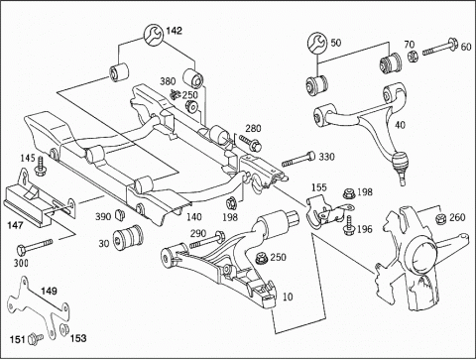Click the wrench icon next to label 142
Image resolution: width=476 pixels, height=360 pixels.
click(x=153, y=35)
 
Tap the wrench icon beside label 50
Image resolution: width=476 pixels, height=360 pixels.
click(x=317, y=43)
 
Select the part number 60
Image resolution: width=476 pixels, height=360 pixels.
click(x=466, y=47)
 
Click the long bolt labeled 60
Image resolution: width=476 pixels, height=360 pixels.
click(x=439, y=47)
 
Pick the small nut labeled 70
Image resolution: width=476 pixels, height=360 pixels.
click(x=412, y=57)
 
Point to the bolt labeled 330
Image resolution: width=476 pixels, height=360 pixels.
click(x=298, y=159)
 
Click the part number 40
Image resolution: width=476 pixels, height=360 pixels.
click(x=400, y=125)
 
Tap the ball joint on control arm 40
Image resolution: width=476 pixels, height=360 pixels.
click(x=400, y=165)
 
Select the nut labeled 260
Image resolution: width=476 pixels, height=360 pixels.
click(x=441, y=218)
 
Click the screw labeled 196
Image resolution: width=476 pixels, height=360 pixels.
click(x=348, y=225)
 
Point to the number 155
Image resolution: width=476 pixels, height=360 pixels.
click(x=319, y=187)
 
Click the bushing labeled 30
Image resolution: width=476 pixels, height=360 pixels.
click(x=128, y=237)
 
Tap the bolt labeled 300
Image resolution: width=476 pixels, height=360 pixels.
click(x=35, y=246)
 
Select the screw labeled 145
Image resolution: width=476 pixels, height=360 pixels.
click(x=41, y=166)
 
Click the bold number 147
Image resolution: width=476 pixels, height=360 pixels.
click(x=16, y=225)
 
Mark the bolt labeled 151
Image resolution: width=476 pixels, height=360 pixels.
click(x=36, y=339)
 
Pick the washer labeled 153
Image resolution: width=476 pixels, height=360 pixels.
click(x=63, y=329)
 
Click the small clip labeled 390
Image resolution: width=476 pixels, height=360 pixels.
click(x=120, y=214)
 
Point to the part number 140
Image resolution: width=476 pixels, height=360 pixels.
click(x=194, y=217)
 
